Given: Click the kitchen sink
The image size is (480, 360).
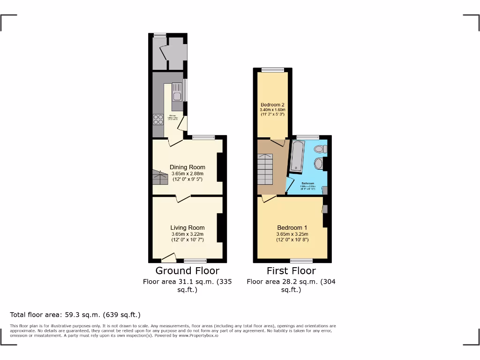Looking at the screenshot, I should point(177,94).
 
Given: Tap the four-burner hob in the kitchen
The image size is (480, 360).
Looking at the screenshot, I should point(158,120).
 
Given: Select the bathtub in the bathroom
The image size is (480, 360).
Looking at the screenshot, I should point(298,157).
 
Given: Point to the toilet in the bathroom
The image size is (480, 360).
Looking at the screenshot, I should point(321,149).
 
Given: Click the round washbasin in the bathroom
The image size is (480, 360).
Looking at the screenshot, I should point(319,164).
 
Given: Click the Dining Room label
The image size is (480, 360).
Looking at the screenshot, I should point(187,167).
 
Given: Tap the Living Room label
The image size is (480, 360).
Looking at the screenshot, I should point(187,228).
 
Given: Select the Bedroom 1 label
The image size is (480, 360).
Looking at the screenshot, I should point(292,228).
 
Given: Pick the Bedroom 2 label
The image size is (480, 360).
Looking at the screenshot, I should point(272,105).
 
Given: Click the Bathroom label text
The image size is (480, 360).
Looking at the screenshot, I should point(307,183).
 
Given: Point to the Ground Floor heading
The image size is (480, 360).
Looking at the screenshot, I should point(187,271).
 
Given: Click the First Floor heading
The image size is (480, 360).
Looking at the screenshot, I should point(291,271).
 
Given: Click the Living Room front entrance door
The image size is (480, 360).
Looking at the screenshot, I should point(168,258).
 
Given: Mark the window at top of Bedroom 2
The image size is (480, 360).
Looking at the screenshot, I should point(272,70).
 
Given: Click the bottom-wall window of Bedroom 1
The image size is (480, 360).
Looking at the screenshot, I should point(301,261).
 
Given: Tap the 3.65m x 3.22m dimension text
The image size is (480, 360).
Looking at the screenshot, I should point(187,234).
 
